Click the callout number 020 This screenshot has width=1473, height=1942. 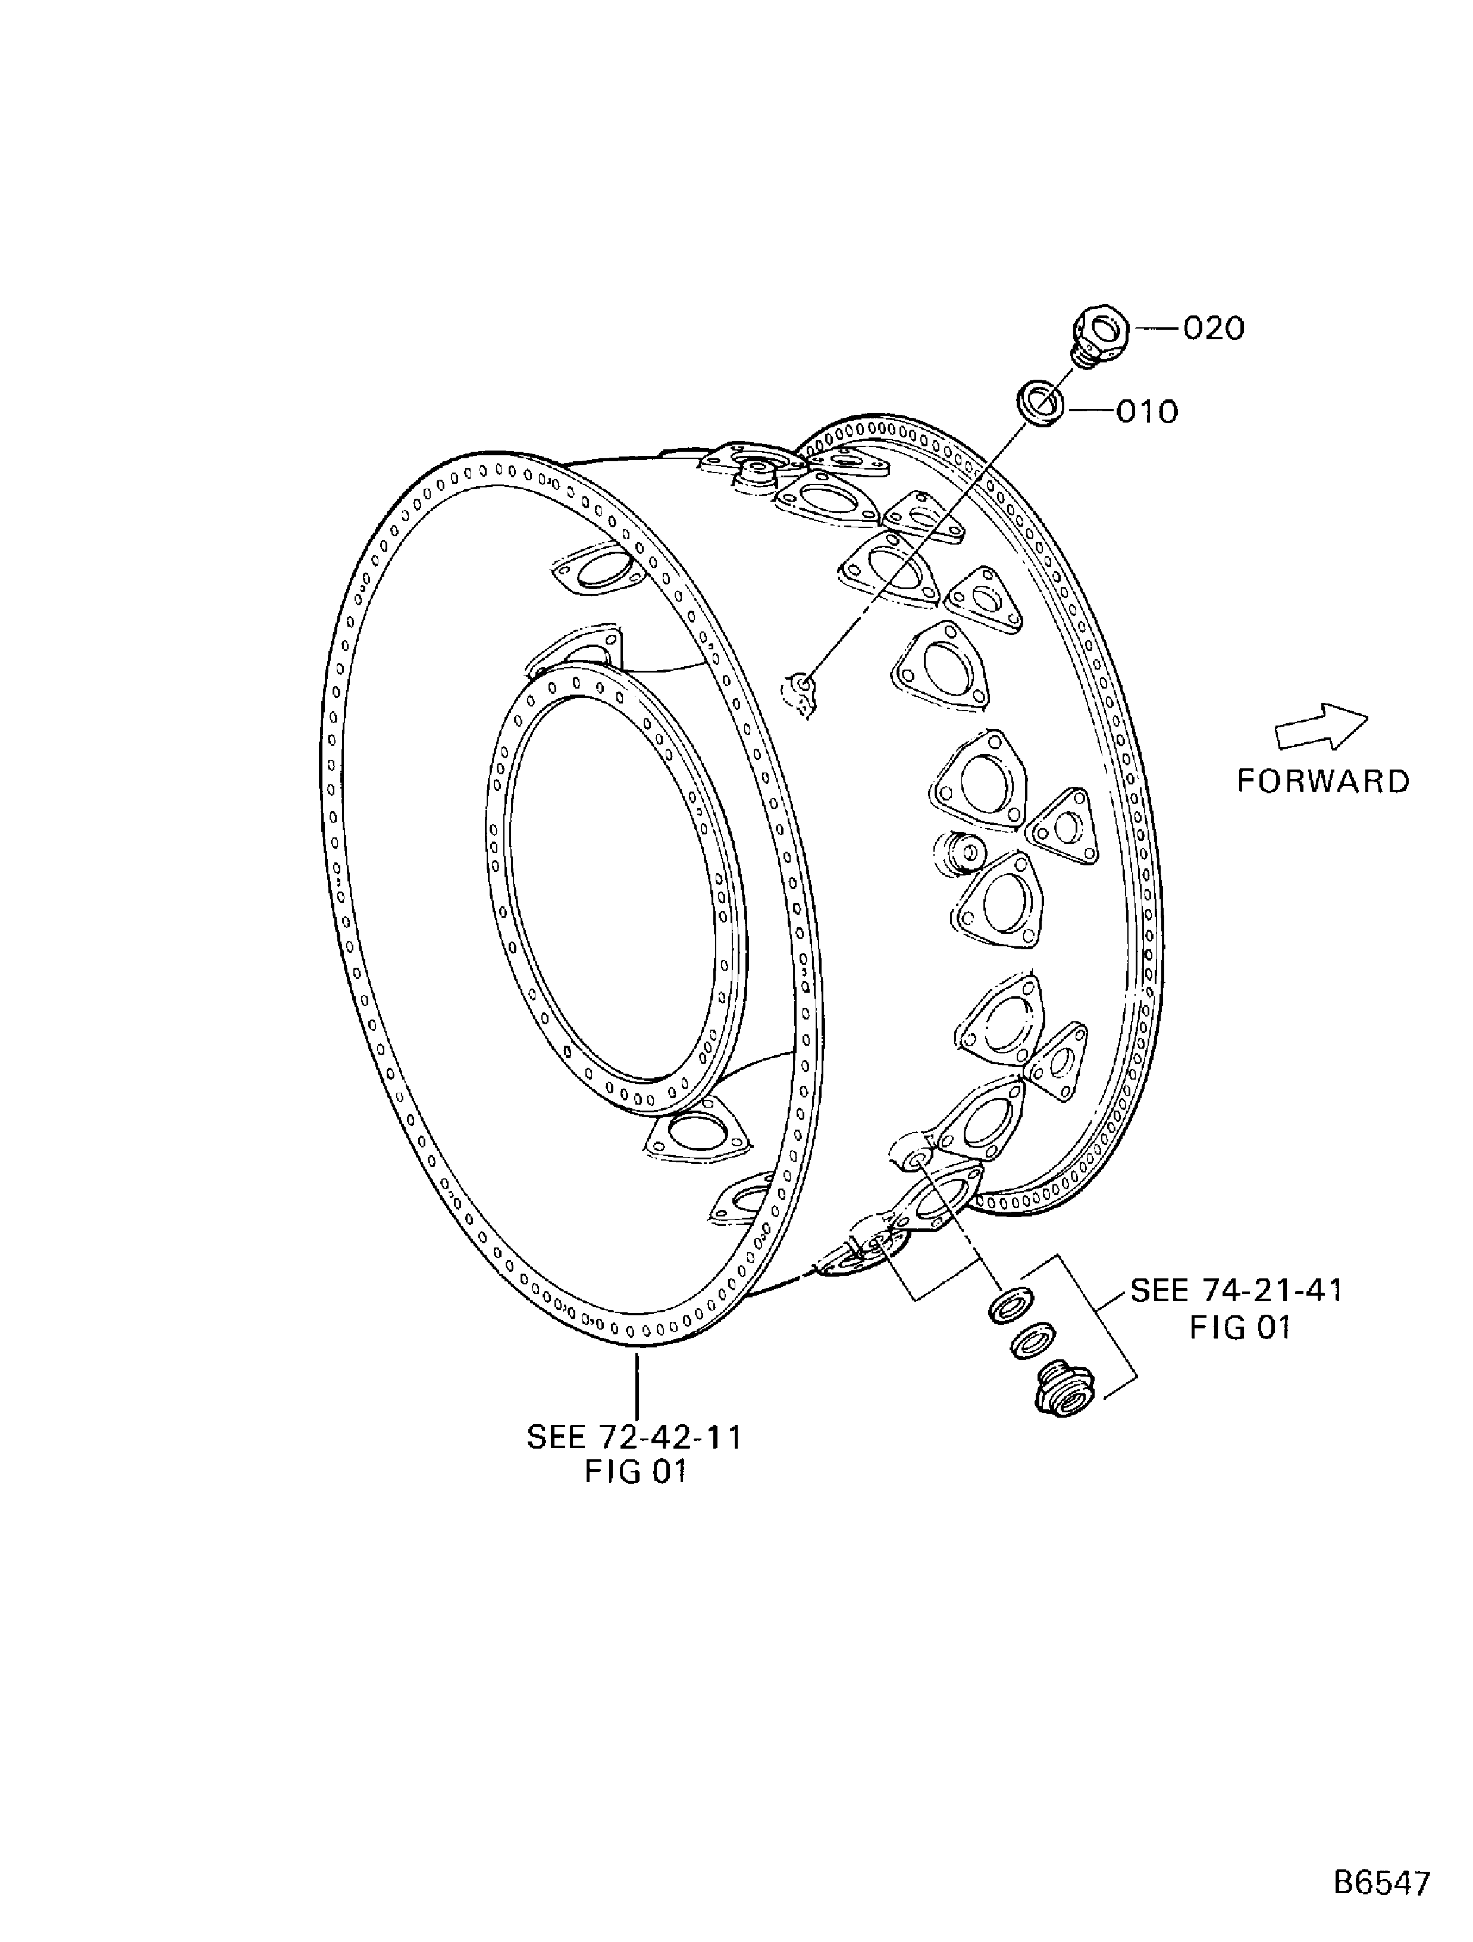1214,329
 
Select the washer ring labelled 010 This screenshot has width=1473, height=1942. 1042,404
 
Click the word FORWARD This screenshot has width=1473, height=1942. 1323,781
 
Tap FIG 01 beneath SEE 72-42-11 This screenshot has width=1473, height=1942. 635,1471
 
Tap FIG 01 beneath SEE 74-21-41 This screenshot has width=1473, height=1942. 1239,1327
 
